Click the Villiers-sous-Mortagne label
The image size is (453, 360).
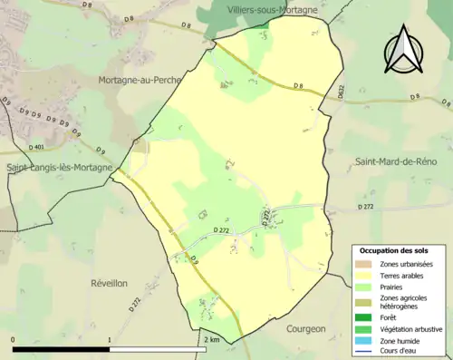(272, 9)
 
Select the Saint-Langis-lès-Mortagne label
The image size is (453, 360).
(59, 168)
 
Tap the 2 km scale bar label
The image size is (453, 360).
(211, 339)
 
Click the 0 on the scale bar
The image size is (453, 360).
(14, 339)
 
